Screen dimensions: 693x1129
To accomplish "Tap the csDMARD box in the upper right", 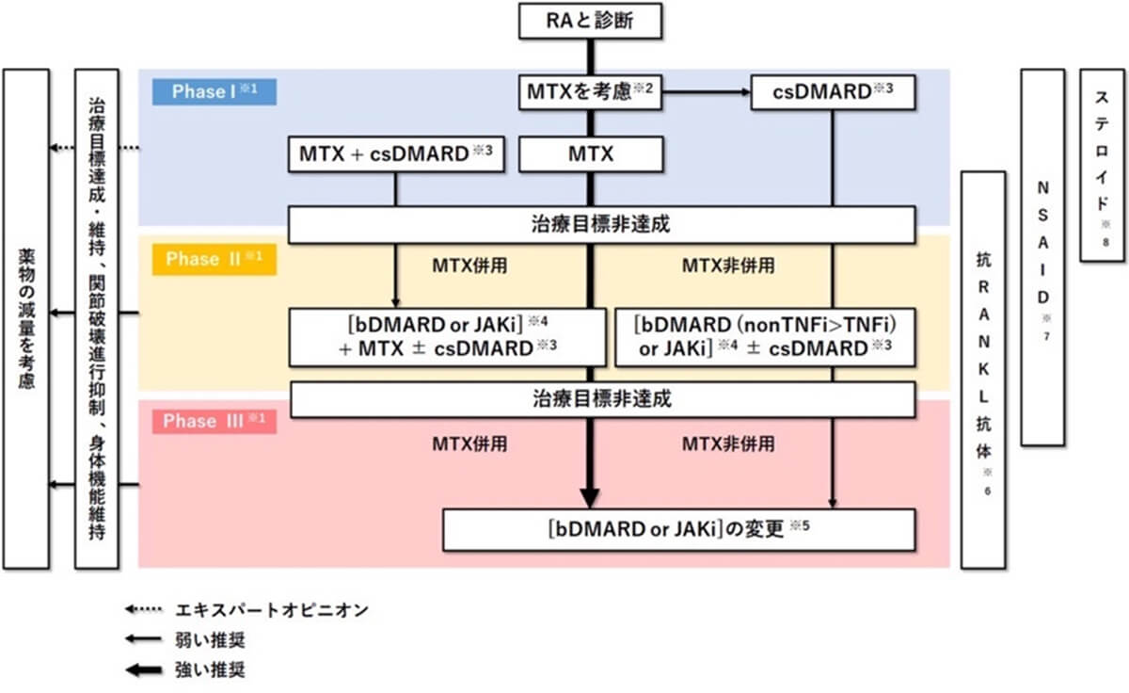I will pos(833,92).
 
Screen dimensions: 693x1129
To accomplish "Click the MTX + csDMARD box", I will pos(395,154).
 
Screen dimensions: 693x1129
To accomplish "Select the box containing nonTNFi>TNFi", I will pos(764,336).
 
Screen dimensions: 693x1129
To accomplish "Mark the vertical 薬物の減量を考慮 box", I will pos(26,318).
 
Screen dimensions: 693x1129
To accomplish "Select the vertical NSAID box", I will pos(1042,256).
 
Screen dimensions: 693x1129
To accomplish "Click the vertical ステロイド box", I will pos(1103,165).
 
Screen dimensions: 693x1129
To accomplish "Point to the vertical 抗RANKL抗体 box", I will pos(982,369).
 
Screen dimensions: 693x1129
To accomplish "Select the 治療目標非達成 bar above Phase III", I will pos(602,399).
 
